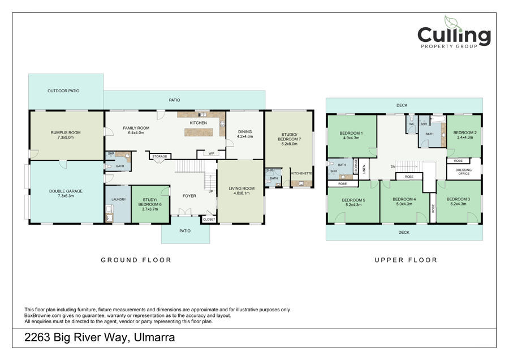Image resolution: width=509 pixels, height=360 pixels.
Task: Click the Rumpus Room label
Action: (x=66, y=132)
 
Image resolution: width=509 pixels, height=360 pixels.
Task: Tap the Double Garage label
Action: (x=66, y=191)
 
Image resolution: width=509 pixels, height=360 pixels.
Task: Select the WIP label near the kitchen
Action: (x=212, y=153)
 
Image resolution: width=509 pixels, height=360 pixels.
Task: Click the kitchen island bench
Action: (x=199, y=132)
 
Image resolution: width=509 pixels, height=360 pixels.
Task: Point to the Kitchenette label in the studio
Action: (x=301, y=174)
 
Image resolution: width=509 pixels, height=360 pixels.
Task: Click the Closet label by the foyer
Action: (x=209, y=219)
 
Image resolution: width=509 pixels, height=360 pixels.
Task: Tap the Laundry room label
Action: (x=119, y=199)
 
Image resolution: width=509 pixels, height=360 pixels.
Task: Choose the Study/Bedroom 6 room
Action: (x=150, y=204)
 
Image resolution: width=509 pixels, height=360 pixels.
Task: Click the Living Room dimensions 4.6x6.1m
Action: (x=241, y=193)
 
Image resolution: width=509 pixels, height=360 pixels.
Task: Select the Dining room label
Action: (x=245, y=131)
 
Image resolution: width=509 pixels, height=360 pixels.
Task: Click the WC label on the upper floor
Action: (x=412, y=124)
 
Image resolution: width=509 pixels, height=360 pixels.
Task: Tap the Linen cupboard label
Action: (x=364, y=169)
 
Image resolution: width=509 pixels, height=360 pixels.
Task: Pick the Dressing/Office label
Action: (x=464, y=172)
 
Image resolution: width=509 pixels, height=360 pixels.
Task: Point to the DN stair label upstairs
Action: (x=393, y=166)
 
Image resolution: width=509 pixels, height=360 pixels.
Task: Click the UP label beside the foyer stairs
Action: (x=211, y=191)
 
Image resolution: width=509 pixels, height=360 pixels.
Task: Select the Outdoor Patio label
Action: (x=63, y=91)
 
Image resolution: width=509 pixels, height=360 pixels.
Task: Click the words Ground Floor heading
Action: (x=136, y=260)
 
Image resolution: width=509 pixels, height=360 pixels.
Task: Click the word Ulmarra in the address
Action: (x=154, y=337)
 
